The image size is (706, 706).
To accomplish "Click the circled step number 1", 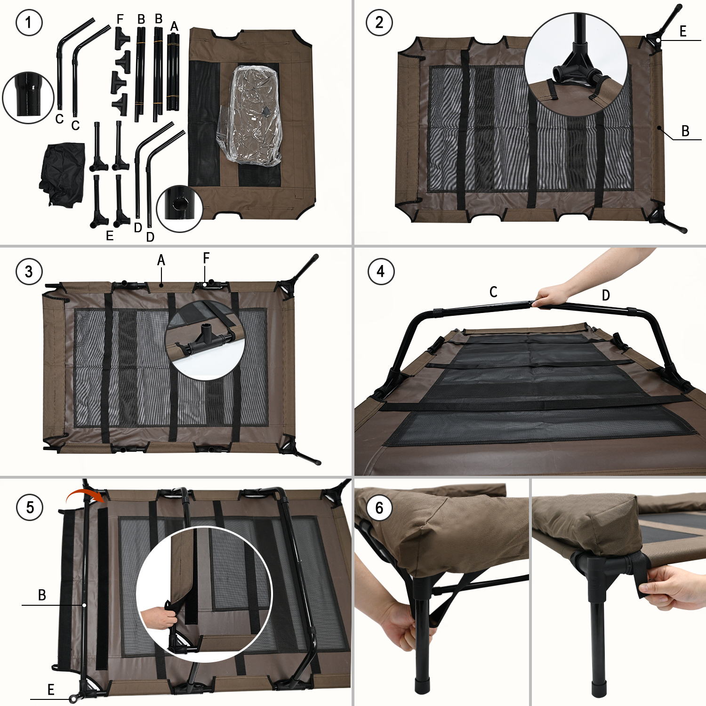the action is click(29, 22).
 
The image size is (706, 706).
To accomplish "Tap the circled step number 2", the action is click(379, 22).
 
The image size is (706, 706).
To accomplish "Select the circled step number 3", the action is click(29, 272).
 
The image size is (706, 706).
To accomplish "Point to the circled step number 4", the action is click(381, 272).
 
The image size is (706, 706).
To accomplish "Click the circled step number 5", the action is click(30, 507).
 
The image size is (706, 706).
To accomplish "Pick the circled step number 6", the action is click(379, 508).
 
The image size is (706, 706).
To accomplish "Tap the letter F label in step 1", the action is click(120, 19).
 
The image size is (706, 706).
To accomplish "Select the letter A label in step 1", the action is click(174, 26).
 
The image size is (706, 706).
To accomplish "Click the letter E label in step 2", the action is click(683, 32).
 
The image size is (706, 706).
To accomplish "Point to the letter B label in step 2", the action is click(685, 131).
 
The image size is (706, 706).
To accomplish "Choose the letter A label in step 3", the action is click(161, 260).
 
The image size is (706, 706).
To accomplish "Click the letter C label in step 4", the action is click(493, 292).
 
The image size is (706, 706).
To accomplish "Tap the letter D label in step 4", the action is click(606, 295).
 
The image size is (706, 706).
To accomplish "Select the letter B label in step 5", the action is click(42, 595).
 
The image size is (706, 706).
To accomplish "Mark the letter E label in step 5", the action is click(51, 690).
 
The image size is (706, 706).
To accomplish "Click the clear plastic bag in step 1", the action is click(249, 115).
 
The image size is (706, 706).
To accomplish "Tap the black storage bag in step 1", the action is click(63, 174).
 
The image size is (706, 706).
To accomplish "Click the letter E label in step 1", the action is click(110, 236).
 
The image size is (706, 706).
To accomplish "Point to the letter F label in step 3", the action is click(206, 258).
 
